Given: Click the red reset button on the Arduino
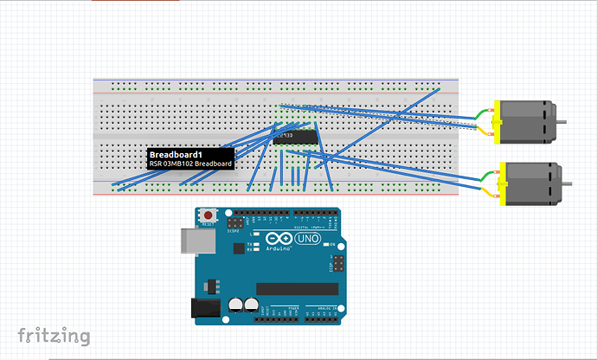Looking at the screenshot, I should [x=209, y=215].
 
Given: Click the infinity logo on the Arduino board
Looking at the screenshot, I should [x=282, y=238].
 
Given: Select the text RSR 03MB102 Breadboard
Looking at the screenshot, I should [x=190, y=164].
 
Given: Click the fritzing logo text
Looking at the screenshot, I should [x=54, y=335].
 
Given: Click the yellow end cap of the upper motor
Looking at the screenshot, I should [x=496, y=122].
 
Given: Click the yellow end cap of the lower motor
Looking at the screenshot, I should [x=503, y=183].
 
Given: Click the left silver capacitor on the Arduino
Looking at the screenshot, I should [x=235, y=305].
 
